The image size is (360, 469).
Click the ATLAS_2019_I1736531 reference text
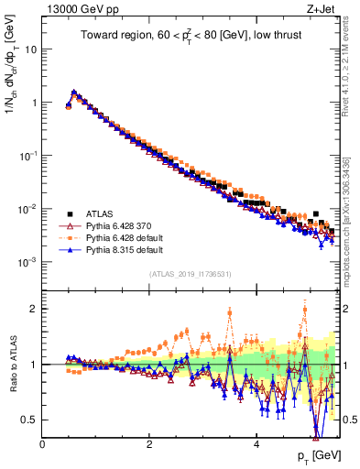(191, 273)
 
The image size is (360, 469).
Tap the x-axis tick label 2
(149, 444)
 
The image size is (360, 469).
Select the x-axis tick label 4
(256, 444)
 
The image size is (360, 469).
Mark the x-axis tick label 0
(42, 444)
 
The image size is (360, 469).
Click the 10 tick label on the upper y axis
(29, 49)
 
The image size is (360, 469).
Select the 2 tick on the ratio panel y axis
(33, 309)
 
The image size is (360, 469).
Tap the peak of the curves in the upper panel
(74, 92)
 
